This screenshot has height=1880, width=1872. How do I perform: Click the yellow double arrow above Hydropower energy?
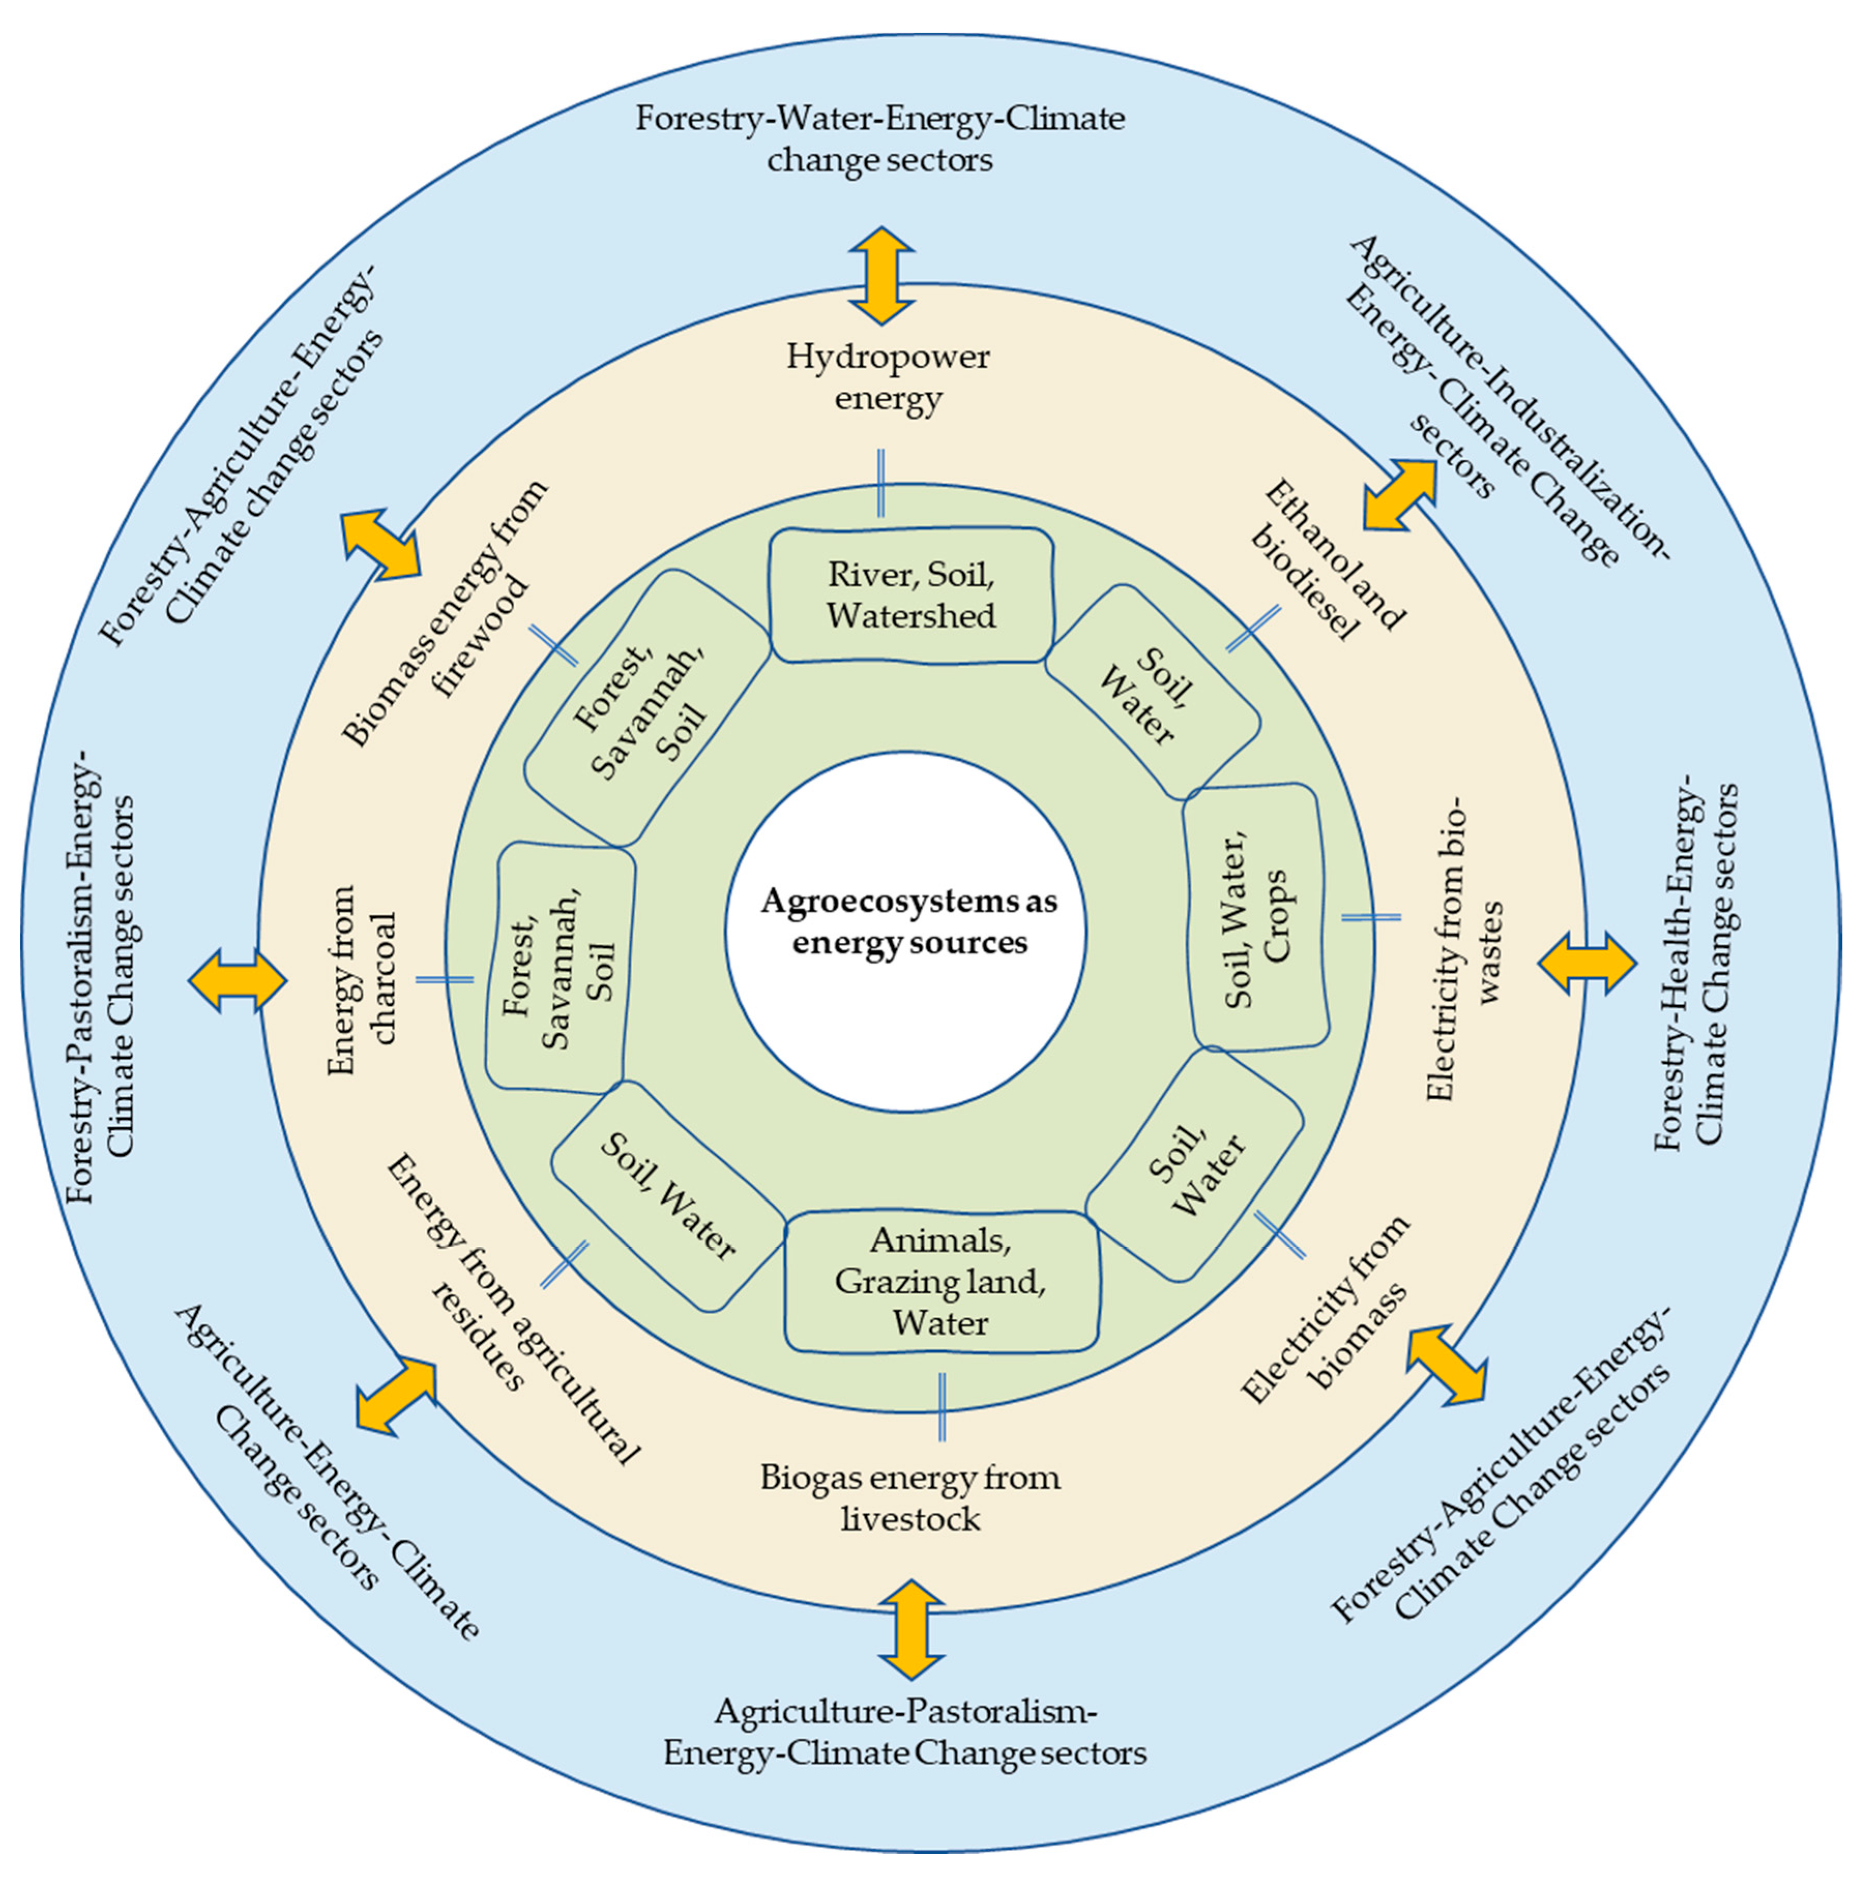[881, 275]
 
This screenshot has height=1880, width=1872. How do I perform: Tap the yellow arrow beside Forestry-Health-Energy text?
[1587, 964]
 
